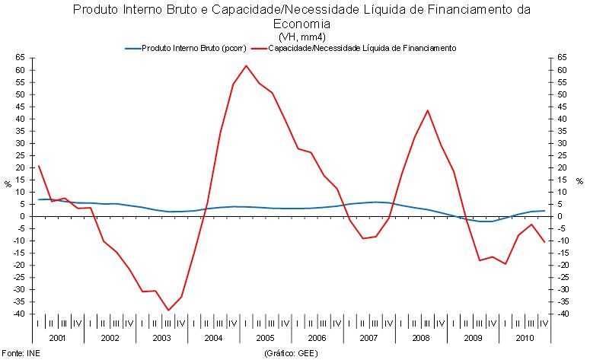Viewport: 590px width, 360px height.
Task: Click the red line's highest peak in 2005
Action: pos(246,65)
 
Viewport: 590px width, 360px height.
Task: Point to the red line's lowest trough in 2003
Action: pos(169,310)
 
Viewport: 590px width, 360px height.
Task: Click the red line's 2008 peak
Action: pos(428,110)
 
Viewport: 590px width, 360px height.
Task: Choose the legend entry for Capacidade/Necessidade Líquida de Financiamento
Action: pos(358,48)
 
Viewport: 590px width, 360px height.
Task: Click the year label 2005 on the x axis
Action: pos(265,337)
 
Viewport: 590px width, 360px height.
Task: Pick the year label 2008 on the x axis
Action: pos(421,337)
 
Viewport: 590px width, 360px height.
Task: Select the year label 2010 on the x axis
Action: pos(525,337)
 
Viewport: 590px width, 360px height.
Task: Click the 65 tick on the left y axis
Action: pos(21,58)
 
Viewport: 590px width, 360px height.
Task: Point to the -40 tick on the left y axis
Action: pos(18,314)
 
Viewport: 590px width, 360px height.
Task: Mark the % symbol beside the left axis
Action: pos(8,183)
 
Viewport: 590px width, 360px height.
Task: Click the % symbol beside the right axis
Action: pos(579,180)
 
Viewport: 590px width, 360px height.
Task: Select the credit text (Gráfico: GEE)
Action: pos(291,354)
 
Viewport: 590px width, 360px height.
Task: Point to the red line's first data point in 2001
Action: pos(39,166)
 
